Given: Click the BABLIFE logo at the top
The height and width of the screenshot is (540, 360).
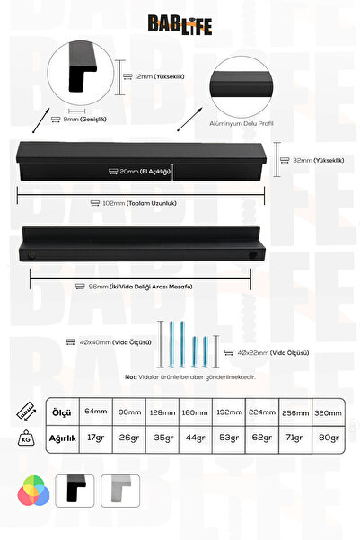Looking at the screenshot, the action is [180, 25].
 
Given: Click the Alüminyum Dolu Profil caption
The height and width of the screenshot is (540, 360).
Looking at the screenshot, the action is [241, 123].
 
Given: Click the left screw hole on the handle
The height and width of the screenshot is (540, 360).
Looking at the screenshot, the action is [31, 255].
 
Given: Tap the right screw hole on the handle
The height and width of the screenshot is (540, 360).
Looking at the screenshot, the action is [253, 255].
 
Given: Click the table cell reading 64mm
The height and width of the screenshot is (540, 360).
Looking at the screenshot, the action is [96, 412].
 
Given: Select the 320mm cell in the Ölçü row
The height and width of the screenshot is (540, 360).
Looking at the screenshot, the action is [328, 412].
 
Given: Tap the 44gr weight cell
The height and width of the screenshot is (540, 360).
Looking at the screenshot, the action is [196, 438].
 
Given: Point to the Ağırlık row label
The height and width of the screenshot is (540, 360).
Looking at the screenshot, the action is [62, 438].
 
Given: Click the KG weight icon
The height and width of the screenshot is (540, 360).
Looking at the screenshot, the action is [26, 438].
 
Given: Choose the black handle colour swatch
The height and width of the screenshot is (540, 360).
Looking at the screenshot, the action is [75, 491].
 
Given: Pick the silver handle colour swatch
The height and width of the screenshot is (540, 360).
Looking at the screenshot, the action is [120, 491].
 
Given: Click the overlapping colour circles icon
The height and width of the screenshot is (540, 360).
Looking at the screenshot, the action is [33, 491].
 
